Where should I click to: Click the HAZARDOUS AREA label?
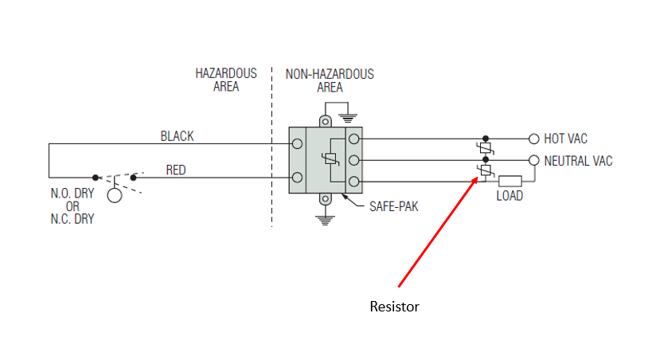pyautogui.click(x=226, y=80)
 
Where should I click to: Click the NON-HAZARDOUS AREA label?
pyautogui.click(x=330, y=80)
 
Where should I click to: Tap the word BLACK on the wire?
pyautogui.click(x=177, y=136)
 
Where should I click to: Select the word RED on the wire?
pyautogui.click(x=177, y=170)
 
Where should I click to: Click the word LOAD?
pyautogui.click(x=509, y=195)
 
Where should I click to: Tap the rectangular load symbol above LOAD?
pyautogui.click(x=509, y=181)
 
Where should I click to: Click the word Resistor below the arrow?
pyautogui.click(x=394, y=306)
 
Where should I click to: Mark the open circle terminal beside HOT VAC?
pyautogui.click(x=533, y=139)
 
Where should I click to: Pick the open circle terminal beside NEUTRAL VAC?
pyautogui.click(x=533, y=160)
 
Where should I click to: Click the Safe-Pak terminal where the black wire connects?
pyautogui.click(x=297, y=144)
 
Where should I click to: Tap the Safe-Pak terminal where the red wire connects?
pyautogui.click(x=297, y=177)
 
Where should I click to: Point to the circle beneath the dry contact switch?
pyautogui.click(x=115, y=195)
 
